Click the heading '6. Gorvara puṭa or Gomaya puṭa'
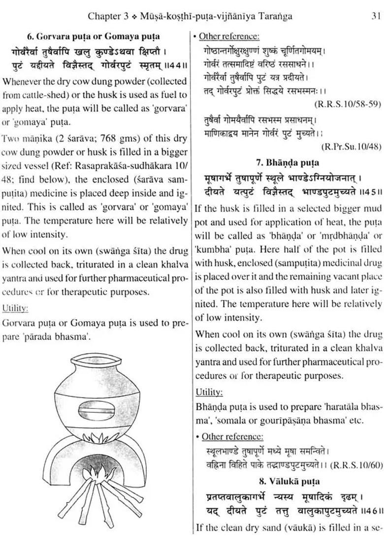94,36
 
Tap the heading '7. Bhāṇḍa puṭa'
288,162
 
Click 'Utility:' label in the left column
15,308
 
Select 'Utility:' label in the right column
209,393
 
